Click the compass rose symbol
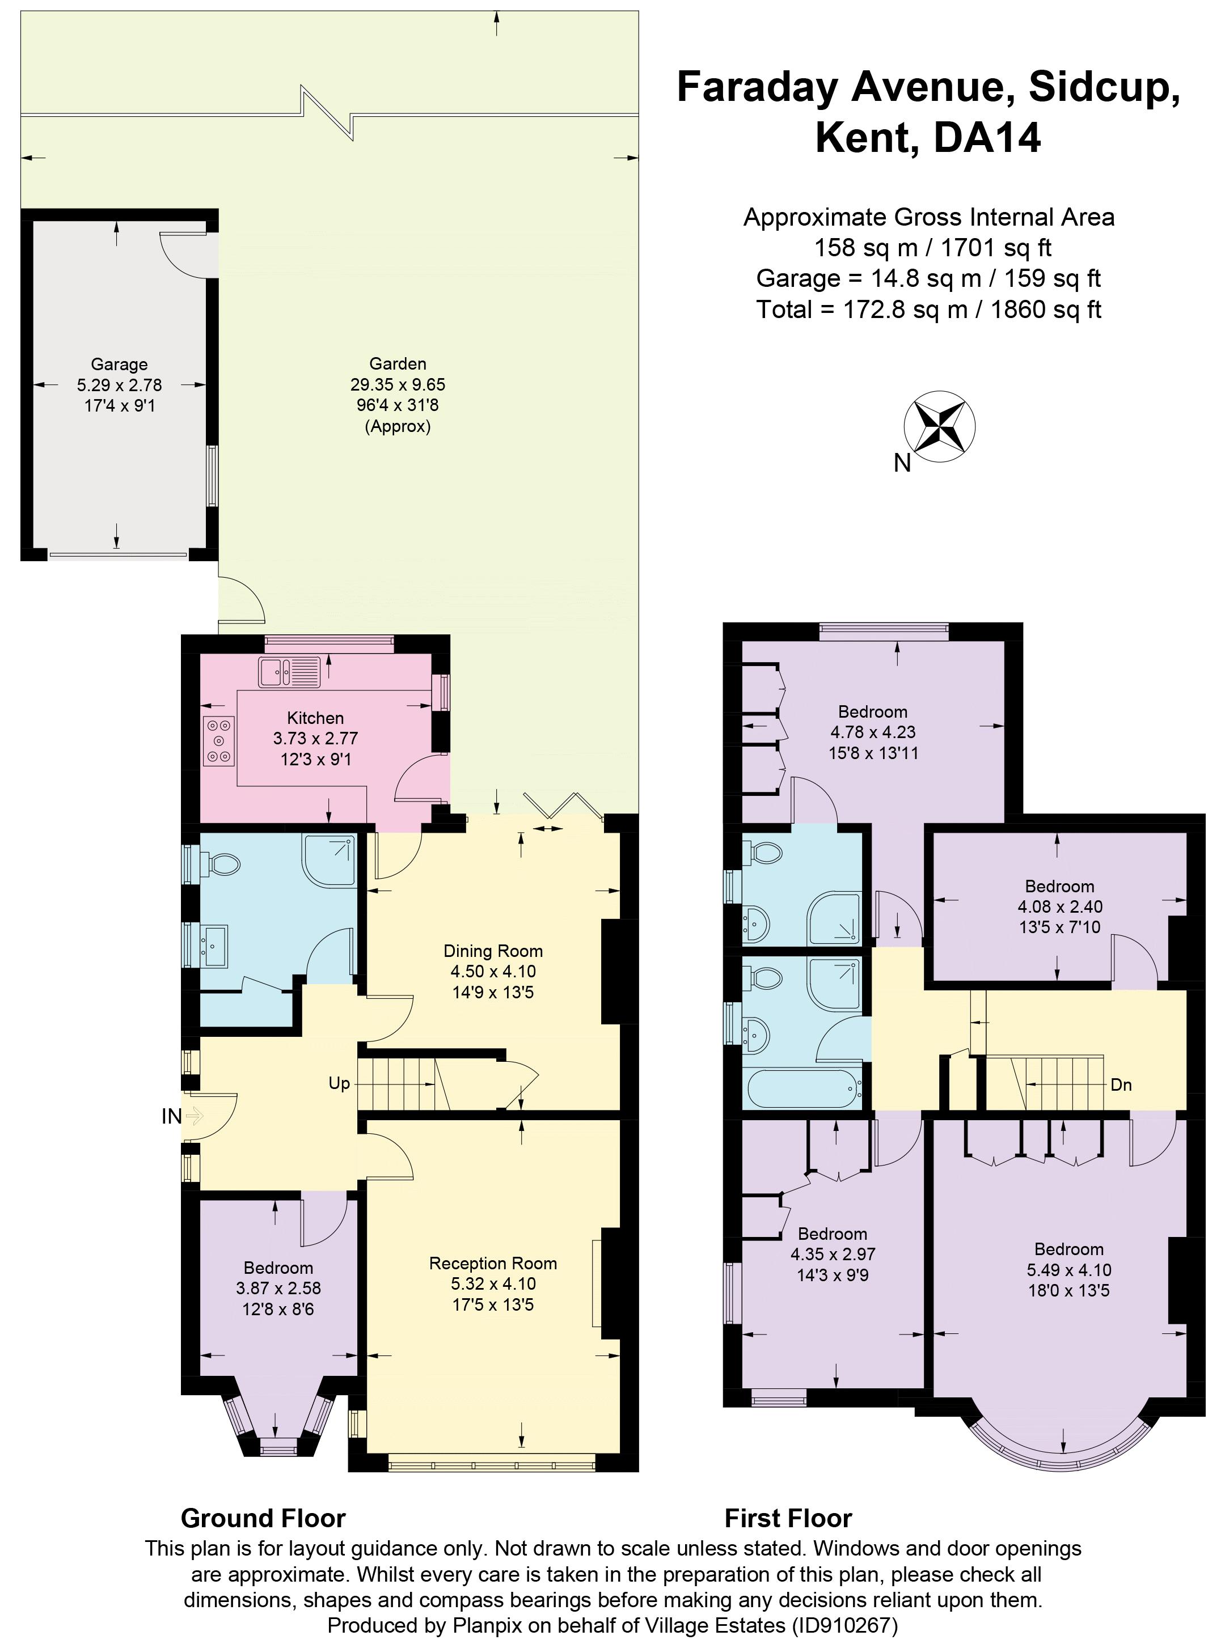(939, 426)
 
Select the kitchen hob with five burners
(218, 740)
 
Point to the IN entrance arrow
(193, 1116)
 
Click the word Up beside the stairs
(339, 1084)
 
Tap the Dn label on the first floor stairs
(1121, 1085)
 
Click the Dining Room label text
(493, 951)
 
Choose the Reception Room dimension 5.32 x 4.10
(493, 1284)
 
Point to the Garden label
(398, 364)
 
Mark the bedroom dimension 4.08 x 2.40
(1059, 906)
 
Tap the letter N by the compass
(902, 463)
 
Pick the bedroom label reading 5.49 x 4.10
(1068, 1270)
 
